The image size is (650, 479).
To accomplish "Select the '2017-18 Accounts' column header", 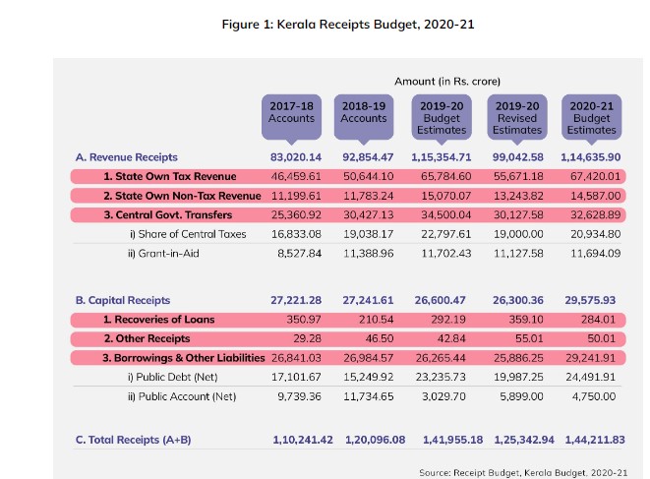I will (291, 112).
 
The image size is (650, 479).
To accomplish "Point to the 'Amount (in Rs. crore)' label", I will (447, 81).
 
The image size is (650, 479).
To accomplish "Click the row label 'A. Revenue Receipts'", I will (127, 156).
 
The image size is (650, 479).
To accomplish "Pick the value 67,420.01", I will (592, 176).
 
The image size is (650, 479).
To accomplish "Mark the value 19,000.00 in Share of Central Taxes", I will (517, 234).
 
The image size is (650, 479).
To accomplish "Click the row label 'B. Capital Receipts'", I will (123, 300).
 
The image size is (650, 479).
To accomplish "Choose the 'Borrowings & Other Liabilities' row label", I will (177, 358).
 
